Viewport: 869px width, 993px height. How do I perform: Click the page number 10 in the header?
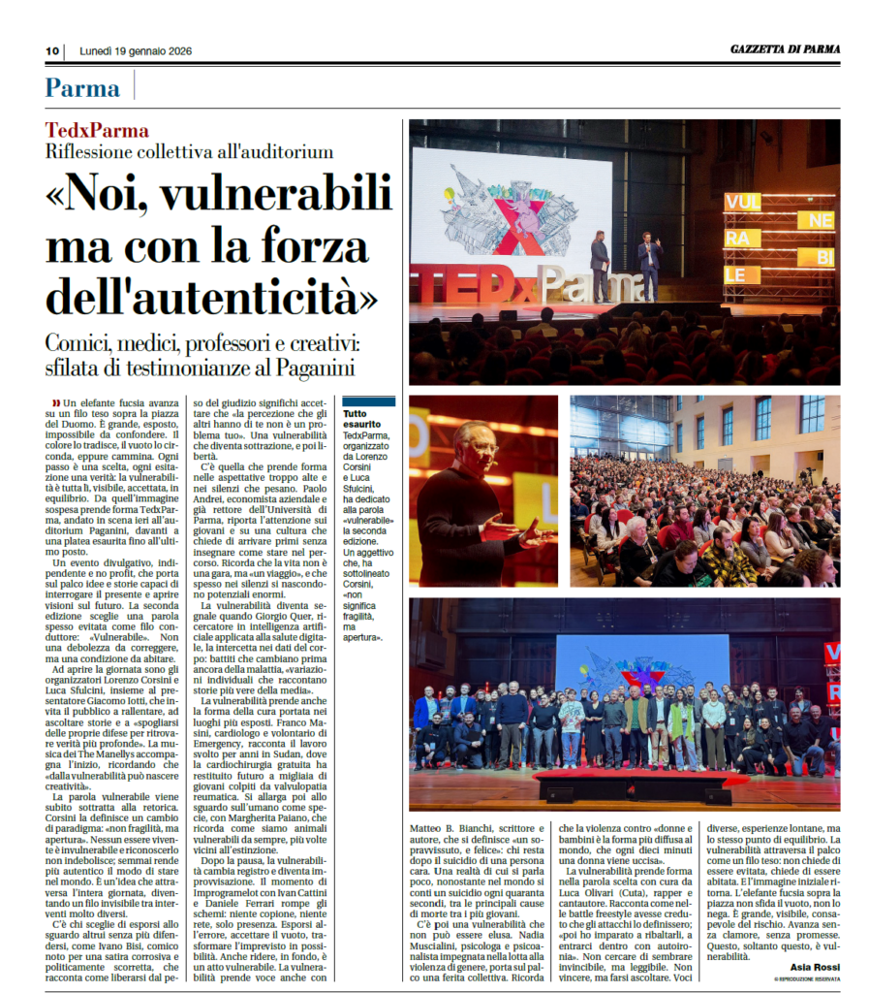pyautogui.click(x=52, y=50)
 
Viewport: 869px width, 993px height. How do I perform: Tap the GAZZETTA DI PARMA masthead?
pyautogui.click(x=785, y=49)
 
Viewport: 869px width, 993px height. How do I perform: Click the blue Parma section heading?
pyautogui.click(x=82, y=88)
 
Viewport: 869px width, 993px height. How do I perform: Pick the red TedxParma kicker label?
pyautogui.click(x=97, y=131)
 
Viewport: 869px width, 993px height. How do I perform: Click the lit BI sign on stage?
pyautogui.click(x=823, y=256)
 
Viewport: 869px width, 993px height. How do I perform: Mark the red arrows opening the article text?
pyautogui.click(x=55, y=401)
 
